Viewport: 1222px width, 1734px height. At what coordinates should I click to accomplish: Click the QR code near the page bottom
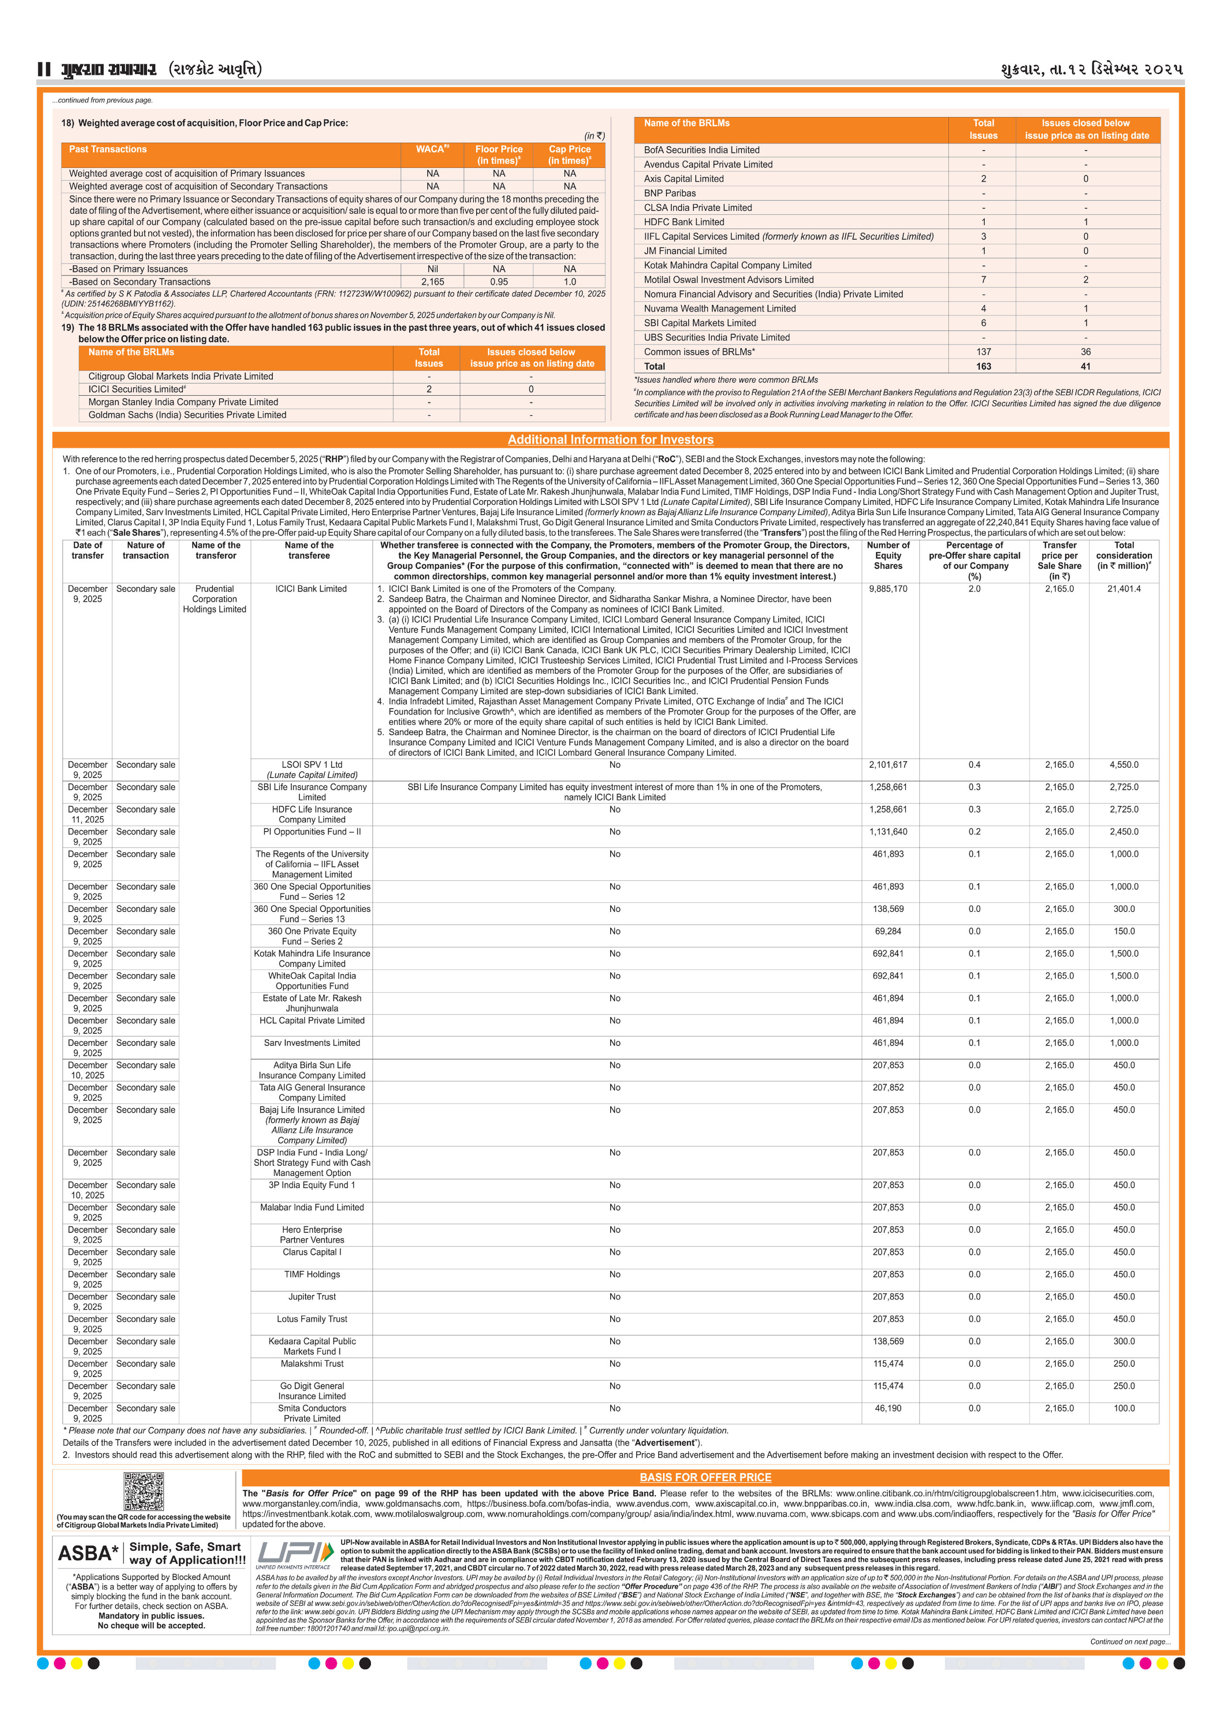(x=144, y=1491)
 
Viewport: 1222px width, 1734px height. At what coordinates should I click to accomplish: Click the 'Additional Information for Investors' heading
(x=610, y=439)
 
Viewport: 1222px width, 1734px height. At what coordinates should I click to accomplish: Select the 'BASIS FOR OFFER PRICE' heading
(x=705, y=1477)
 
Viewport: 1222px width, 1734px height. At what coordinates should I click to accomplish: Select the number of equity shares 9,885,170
(x=888, y=589)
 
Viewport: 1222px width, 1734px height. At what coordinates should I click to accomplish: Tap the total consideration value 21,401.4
(x=1124, y=589)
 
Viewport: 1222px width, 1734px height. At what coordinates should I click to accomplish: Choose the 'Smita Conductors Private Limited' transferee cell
(x=312, y=1413)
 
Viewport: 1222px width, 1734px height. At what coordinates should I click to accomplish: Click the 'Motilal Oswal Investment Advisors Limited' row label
(x=728, y=279)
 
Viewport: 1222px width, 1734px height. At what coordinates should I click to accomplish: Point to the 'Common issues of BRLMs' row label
(x=699, y=352)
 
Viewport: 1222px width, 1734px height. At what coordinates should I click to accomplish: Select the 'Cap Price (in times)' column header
(x=570, y=155)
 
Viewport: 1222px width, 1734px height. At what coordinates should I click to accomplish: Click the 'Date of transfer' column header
(x=88, y=551)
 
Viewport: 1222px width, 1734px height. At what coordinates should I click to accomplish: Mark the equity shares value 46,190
(x=888, y=1408)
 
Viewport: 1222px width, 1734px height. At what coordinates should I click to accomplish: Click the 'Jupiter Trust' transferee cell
(x=312, y=1297)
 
